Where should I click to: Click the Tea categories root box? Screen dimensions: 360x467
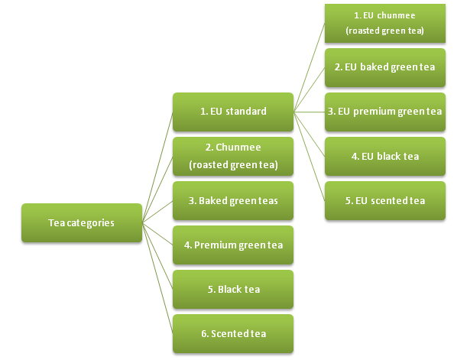pyautogui.click(x=82, y=223)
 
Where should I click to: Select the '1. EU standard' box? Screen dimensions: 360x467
pyautogui.click(x=233, y=112)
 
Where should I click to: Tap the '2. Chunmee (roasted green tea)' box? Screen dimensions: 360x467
pyautogui.click(x=233, y=156)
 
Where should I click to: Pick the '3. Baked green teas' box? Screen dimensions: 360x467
pyautogui.click(x=233, y=201)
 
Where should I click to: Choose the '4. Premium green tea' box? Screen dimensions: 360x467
pyautogui.click(x=233, y=245)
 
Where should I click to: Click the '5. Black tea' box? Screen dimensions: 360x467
pyautogui.click(x=233, y=290)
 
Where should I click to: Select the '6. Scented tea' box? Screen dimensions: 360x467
pyautogui.click(x=233, y=334)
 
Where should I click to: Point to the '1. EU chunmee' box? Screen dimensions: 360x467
pyautogui.click(x=384, y=23)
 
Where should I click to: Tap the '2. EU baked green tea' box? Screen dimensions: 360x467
pyautogui.click(x=384, y=67)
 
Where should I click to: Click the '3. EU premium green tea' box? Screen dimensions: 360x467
pyautogui.click(x=384, y=112)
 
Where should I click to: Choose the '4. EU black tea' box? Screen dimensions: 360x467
pyautogui.click(x=384, y=156)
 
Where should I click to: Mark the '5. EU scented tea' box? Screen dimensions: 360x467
pyautogui.click(x=384, y=201)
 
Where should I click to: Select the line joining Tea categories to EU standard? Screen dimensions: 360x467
pyautogui.click(x=157, y=167)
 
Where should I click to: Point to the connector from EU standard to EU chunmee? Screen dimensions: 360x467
pyautogui.click(x=310, y=67)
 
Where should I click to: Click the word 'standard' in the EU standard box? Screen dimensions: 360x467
pyautogui.click(x=246, y=112)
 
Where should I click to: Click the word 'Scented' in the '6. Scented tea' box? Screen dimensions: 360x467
pyautogui.click(x=226, y=334)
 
